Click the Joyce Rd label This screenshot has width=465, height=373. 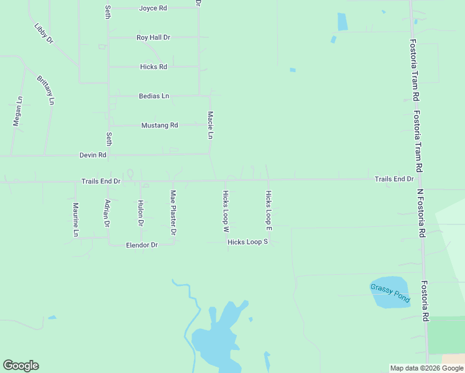(x=153, y=8)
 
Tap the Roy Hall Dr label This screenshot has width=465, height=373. (x=153, y=37)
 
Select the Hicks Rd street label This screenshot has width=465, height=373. (x=154, y=67)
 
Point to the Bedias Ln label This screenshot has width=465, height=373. (x=154, y=96)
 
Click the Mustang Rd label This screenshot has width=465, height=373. (x=160, y=125)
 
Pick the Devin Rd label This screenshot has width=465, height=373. (x=93, y=155)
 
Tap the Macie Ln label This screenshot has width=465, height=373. (x=211, y=125)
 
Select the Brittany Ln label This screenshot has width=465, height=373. (x=45, y=90)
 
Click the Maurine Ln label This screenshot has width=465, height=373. (x=75, y=219)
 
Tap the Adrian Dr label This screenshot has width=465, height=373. (x=108, y=213)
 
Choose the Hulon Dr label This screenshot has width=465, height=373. (x=140, y=213)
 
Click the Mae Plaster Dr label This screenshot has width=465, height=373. (x=173, y=213)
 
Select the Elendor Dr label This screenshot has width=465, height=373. (x=142, y=245)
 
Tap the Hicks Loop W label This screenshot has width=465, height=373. (x=226, y=211)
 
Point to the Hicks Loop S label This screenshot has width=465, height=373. (x=247, y=242)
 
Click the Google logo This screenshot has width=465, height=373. (x=21, y=366)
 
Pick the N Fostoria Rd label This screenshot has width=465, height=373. (x=421, y=213)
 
